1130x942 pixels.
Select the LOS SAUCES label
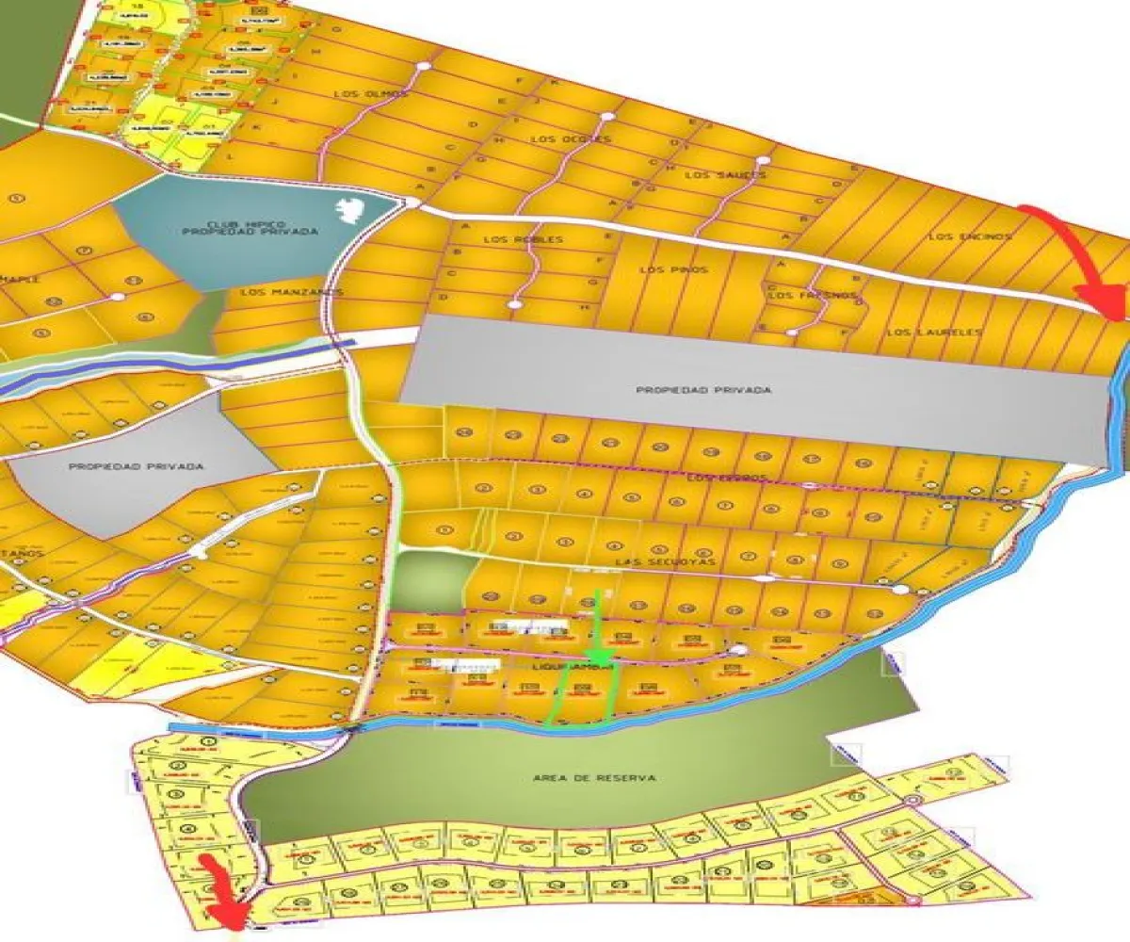pos(726,175)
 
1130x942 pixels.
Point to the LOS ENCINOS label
pos(969,236)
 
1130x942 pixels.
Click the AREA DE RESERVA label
pos(593,778)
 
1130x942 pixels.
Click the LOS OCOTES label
pos(571,139)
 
